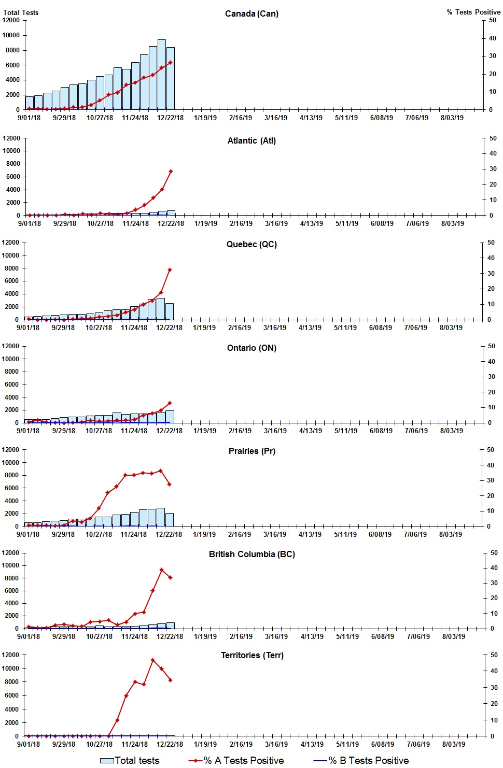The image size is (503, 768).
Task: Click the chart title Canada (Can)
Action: click(252, 13)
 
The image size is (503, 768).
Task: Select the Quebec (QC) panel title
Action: click(252, 244)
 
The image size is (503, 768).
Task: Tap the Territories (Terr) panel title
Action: click(252, 655)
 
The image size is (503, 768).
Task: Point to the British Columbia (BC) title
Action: click(252, 554)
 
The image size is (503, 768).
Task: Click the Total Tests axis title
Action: click(21, 12)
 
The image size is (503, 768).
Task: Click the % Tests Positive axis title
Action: click(473, 12)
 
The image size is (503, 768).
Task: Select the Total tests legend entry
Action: click(130, 760)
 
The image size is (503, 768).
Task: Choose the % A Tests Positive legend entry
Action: click(236, 760)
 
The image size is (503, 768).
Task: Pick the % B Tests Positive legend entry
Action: click(361, 760)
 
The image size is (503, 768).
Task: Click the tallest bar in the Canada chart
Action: click(162, 75)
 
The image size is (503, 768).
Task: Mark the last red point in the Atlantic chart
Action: click(171, 171)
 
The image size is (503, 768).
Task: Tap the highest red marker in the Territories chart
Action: click(152, 660)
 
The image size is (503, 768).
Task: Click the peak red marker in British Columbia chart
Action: click(162, 570)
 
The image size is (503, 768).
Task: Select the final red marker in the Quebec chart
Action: click(170, 270)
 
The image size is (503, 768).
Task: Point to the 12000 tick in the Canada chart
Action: click(11, 20)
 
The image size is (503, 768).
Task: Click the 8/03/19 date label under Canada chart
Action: click(452, 118)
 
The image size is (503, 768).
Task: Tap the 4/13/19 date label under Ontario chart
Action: click(311, 431)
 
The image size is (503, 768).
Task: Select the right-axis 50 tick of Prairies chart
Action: click(490, 450)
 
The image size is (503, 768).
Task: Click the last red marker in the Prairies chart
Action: click(170, 485)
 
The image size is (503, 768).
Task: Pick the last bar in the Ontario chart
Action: click(170, 417)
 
